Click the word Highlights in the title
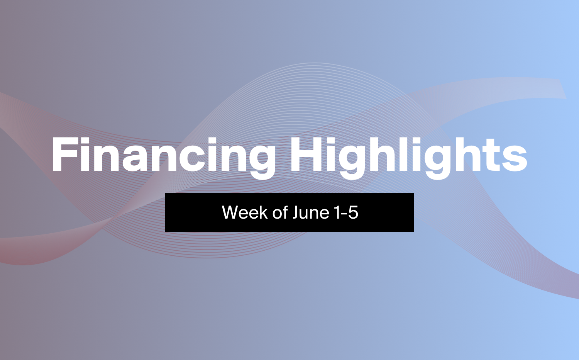(409, 158)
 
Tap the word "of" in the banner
(280, 212)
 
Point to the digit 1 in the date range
(337, 212)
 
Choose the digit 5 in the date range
(353, 212)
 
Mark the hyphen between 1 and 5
(344, 214)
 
